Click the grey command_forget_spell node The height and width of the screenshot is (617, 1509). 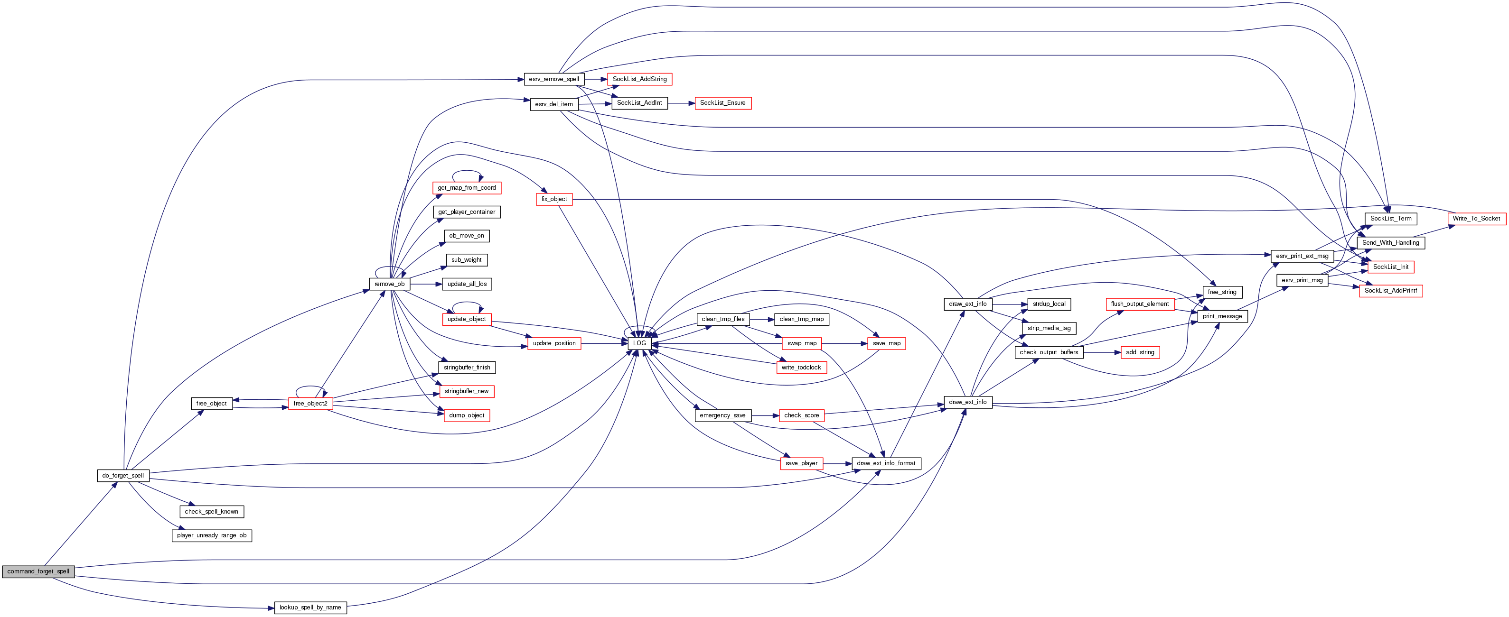(x=38, y=571)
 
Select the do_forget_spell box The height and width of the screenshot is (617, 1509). (x=123, y=475)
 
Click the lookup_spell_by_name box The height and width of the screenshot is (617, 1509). (x=310, y=608)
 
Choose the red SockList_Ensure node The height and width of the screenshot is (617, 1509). (x=722, y=103)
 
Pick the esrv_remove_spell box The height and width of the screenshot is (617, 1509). (x=553, y=80)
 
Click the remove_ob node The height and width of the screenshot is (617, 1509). (x=390, y=284)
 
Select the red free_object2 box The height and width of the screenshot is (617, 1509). (x=310, y=403)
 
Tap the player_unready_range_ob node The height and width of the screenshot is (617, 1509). (x=212, y=535)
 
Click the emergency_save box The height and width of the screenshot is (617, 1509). (x=722, y=415)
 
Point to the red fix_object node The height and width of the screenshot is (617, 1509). (x=553, y=200)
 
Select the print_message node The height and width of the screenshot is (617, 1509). (x=1222, y=317)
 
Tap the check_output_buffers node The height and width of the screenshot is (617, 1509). (x=1049, y=352)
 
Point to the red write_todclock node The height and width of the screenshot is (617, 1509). (x=801, y=368)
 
